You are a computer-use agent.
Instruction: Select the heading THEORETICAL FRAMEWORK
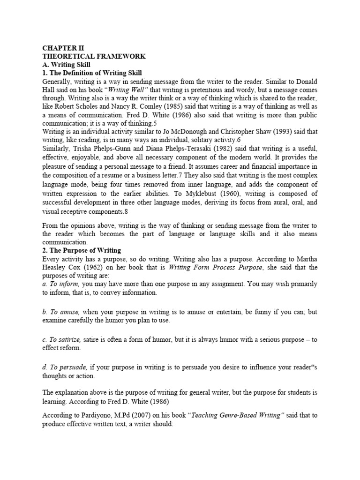click(x=94, y=56)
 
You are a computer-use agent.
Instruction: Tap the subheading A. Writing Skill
click(x=66, y=65)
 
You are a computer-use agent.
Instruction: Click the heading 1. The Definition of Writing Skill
click(x=92, y=73)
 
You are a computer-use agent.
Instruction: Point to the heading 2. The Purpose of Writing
click(x=82, y=250)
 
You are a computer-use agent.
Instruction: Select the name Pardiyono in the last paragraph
click(x=88, y=415)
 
